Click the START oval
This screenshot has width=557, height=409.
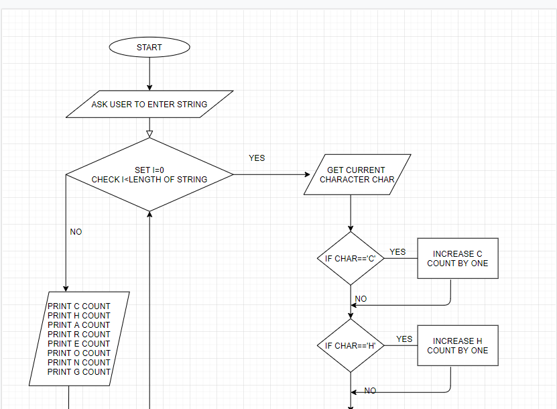149,48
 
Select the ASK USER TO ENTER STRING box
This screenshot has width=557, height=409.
149,105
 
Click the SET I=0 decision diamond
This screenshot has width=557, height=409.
149,175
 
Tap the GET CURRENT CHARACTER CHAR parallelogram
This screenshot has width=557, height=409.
357,175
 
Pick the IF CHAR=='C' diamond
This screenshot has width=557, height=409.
350,259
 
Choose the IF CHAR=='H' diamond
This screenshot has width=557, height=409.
350,346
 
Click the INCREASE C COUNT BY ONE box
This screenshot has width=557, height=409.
458,259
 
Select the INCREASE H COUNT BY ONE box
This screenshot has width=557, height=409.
458,346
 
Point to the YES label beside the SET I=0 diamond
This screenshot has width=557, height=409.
257,158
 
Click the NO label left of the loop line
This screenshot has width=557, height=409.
76,232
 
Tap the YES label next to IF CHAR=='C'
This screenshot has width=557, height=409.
397,252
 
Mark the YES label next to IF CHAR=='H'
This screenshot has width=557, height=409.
404,339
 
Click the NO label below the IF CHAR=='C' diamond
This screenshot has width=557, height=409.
361,299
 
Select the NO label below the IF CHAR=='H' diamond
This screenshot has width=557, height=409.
370,391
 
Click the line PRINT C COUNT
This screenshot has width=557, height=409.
79,306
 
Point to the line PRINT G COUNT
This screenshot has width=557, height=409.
79,372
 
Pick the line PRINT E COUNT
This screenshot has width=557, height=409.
79,344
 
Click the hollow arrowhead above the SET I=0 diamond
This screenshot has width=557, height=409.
149,133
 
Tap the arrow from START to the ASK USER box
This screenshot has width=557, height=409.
149,74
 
